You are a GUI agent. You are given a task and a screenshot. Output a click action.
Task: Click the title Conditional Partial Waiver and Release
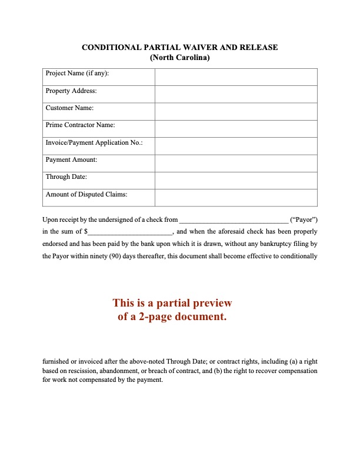(179, 47)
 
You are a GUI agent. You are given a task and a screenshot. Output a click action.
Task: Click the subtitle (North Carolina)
(179, 58)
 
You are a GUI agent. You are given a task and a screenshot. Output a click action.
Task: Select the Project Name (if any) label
(77, 74)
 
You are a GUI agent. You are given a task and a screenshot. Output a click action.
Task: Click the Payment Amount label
(71, 160)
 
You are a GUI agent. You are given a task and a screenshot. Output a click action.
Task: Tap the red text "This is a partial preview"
(172, 304)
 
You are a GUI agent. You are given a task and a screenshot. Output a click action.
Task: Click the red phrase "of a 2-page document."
(172, 317)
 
